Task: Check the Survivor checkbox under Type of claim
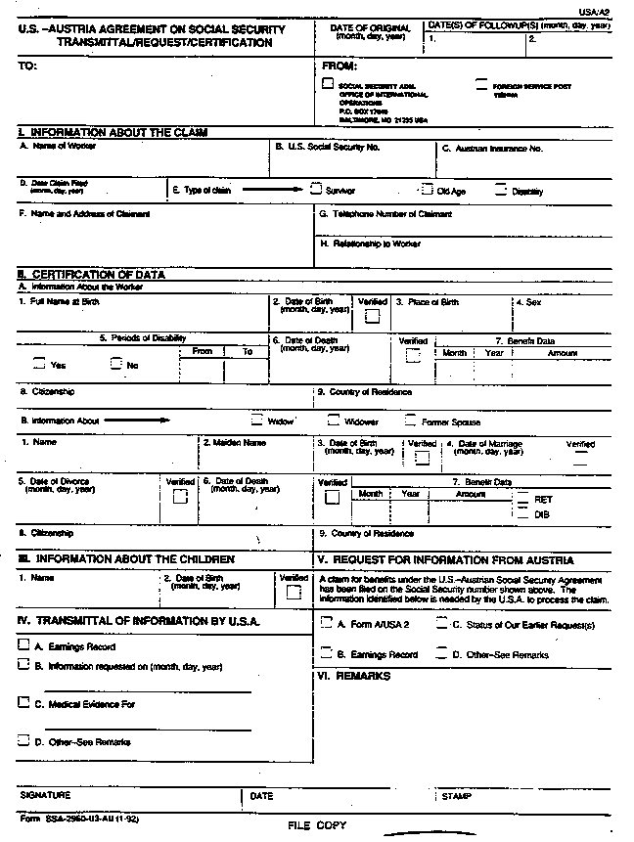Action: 315,190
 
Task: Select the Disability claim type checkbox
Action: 501,190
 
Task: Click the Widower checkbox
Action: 333,421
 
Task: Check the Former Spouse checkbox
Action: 411,421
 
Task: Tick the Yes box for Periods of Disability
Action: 39,364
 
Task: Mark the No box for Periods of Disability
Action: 116,364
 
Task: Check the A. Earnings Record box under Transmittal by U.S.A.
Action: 23,646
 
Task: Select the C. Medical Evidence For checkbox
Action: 23,702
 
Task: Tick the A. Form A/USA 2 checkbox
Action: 327,623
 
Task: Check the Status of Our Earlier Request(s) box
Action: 442,623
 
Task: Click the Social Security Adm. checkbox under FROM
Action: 328,84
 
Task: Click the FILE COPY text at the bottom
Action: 316,826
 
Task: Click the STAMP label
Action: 457,796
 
